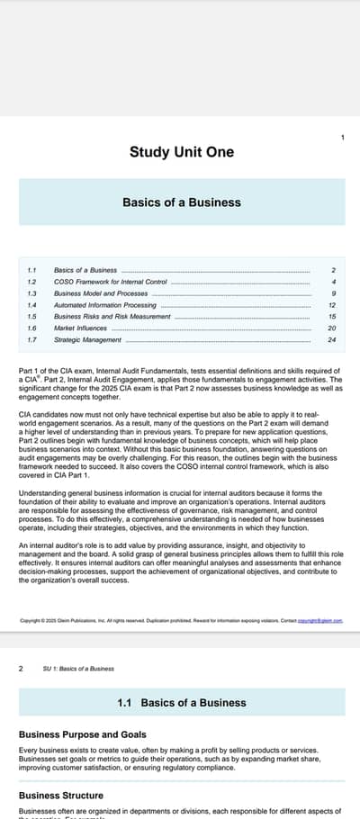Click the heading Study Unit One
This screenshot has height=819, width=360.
click(182, 152)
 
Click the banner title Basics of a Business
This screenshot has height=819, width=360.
click(182, 202)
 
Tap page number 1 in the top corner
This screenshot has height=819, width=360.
click(342, 137)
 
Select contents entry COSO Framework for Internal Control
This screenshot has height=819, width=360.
click(110, 282)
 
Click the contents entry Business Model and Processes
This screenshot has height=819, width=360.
click(101, 293)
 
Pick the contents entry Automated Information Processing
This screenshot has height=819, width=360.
click(105, 305)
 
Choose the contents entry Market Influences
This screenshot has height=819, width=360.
click(81, 328)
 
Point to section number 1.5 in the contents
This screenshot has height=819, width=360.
click(31, 317)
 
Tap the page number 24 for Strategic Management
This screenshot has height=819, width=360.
click(332, 340)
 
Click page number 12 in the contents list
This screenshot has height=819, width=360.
click(332, 305)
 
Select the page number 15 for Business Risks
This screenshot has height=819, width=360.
click(332, 317)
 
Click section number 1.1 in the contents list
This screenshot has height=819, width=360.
click(31, 270)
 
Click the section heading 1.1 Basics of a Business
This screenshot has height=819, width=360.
click(182, 702)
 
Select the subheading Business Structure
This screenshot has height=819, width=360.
click(61, 796)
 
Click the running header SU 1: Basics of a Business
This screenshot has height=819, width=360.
click(78, 669)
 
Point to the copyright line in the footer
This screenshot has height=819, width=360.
click(180, 620)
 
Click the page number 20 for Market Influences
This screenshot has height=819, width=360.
click(332, 328)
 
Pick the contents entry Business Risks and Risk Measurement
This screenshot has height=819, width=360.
click(112, 317)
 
